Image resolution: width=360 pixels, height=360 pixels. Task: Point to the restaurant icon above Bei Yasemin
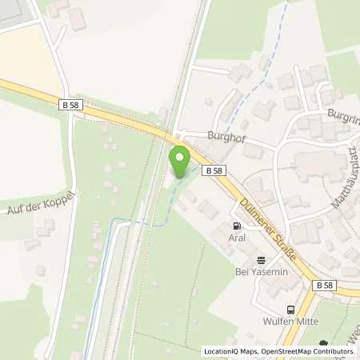click(x=260, y=258)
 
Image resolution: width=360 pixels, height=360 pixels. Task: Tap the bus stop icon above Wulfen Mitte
click(x=289, y=310)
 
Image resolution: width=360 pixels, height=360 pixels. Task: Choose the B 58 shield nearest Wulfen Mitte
click(x=323, y=285)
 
